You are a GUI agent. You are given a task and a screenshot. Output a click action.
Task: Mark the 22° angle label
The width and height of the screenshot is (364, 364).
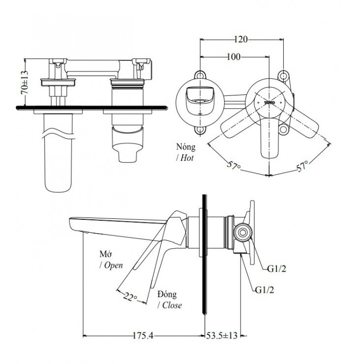[130, 296]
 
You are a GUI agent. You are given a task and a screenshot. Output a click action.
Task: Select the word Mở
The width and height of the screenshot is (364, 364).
[105, 254]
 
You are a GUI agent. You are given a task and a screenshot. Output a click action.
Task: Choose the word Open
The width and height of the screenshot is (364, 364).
[113, 265]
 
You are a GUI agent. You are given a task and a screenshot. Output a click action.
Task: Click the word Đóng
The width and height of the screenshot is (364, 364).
[168, 294]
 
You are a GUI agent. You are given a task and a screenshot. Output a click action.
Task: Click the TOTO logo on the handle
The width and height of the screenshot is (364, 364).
[269, 103]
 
